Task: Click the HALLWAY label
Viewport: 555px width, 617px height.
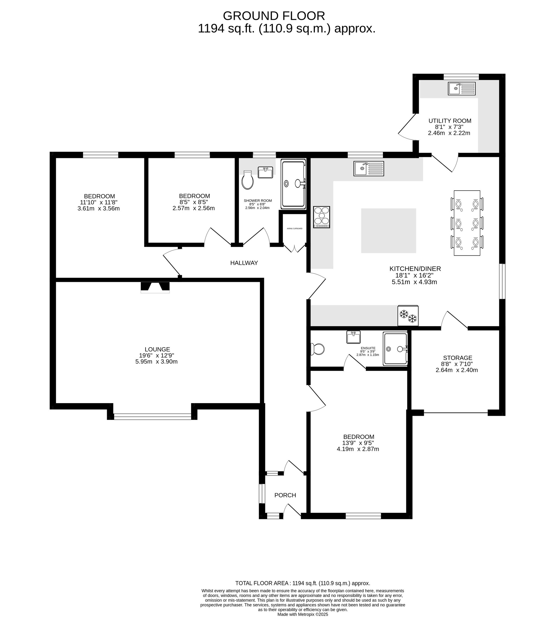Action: point(244,263)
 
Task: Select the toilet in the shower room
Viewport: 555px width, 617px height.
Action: point(247,180)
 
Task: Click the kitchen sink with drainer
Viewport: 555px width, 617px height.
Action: point(369,168)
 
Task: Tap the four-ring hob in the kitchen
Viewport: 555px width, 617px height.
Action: point(322,217)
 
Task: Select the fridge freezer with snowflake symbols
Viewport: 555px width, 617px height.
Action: point(408,316)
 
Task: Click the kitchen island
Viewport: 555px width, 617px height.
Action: point(389,231)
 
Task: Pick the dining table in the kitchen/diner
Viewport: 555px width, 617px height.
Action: point(467,223)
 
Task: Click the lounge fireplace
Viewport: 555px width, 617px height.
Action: point(155,287)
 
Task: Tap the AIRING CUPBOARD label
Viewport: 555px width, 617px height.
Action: point(295,228)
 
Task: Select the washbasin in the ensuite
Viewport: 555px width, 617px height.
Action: point(354,337)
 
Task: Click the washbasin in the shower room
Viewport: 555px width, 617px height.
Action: point(265,172)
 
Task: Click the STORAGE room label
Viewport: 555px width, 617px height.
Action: point(458,358)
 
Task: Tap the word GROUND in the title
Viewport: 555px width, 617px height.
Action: point(251,16)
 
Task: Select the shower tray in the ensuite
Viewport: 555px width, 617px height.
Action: point(395,349)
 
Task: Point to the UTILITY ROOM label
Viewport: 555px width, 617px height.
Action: point(450,121)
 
